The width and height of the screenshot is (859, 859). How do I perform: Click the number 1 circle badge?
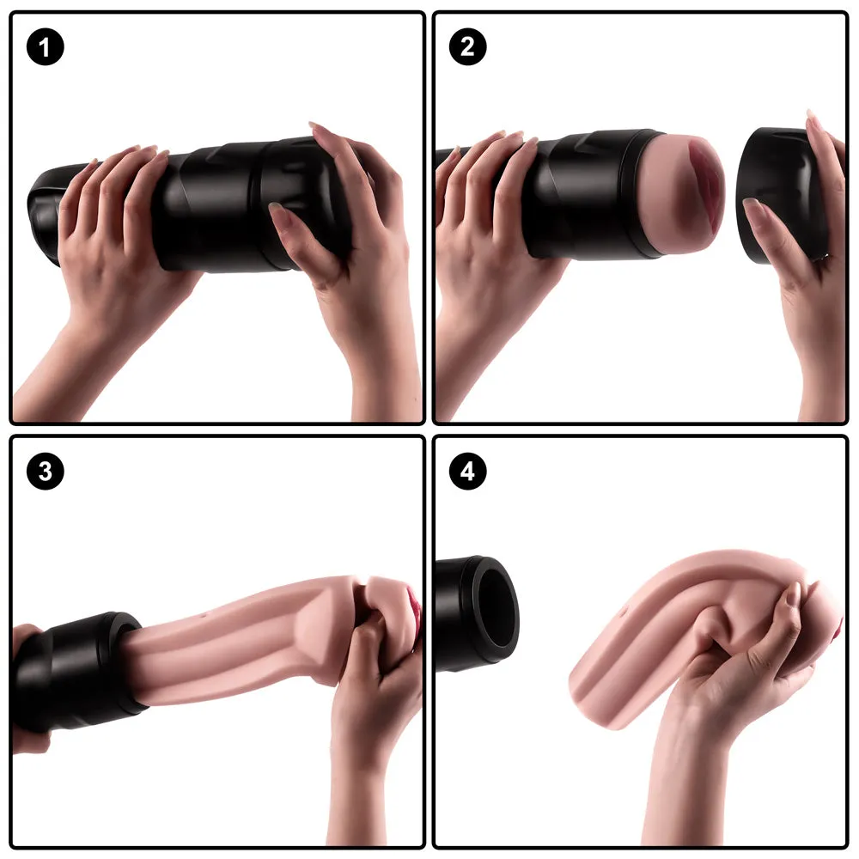tap(45, 46)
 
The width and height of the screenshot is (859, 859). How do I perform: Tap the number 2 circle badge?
tap(467, 46)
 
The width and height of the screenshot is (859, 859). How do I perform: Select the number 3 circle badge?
tap(45, 471)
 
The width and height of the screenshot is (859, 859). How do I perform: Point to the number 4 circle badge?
tap(467, 471)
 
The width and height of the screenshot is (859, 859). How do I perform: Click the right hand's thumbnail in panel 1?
tap(279, 211)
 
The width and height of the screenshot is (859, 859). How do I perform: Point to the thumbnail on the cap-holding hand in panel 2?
tap(754, 206)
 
